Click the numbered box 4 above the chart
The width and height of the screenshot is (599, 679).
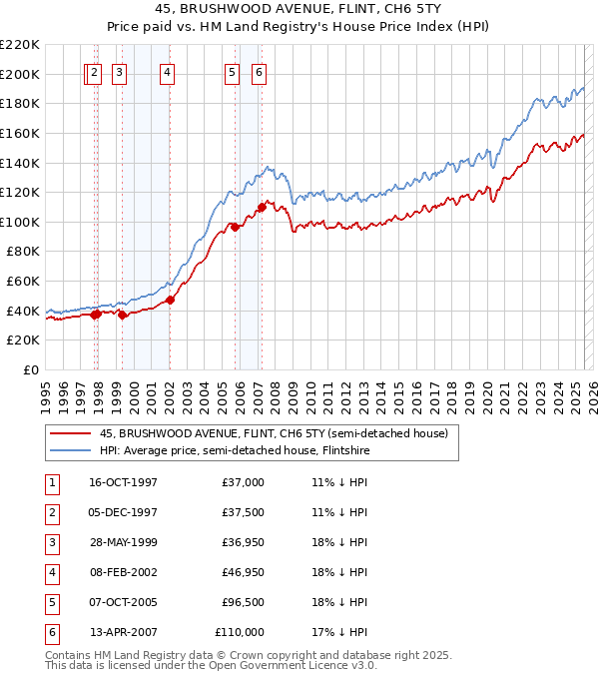point(168,72)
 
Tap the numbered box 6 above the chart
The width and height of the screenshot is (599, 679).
point(259,72)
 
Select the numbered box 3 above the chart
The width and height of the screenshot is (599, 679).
point(119,72)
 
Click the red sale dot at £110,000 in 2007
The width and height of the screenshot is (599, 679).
point(262,208)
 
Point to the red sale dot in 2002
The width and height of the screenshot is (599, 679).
point(170,300)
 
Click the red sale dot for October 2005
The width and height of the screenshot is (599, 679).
point(236,228)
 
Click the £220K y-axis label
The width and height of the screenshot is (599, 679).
point(20,45)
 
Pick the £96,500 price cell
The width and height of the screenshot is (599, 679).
point(243,602)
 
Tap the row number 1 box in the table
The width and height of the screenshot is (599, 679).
point(50,482)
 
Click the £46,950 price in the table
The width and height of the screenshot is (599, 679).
point(243,573)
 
